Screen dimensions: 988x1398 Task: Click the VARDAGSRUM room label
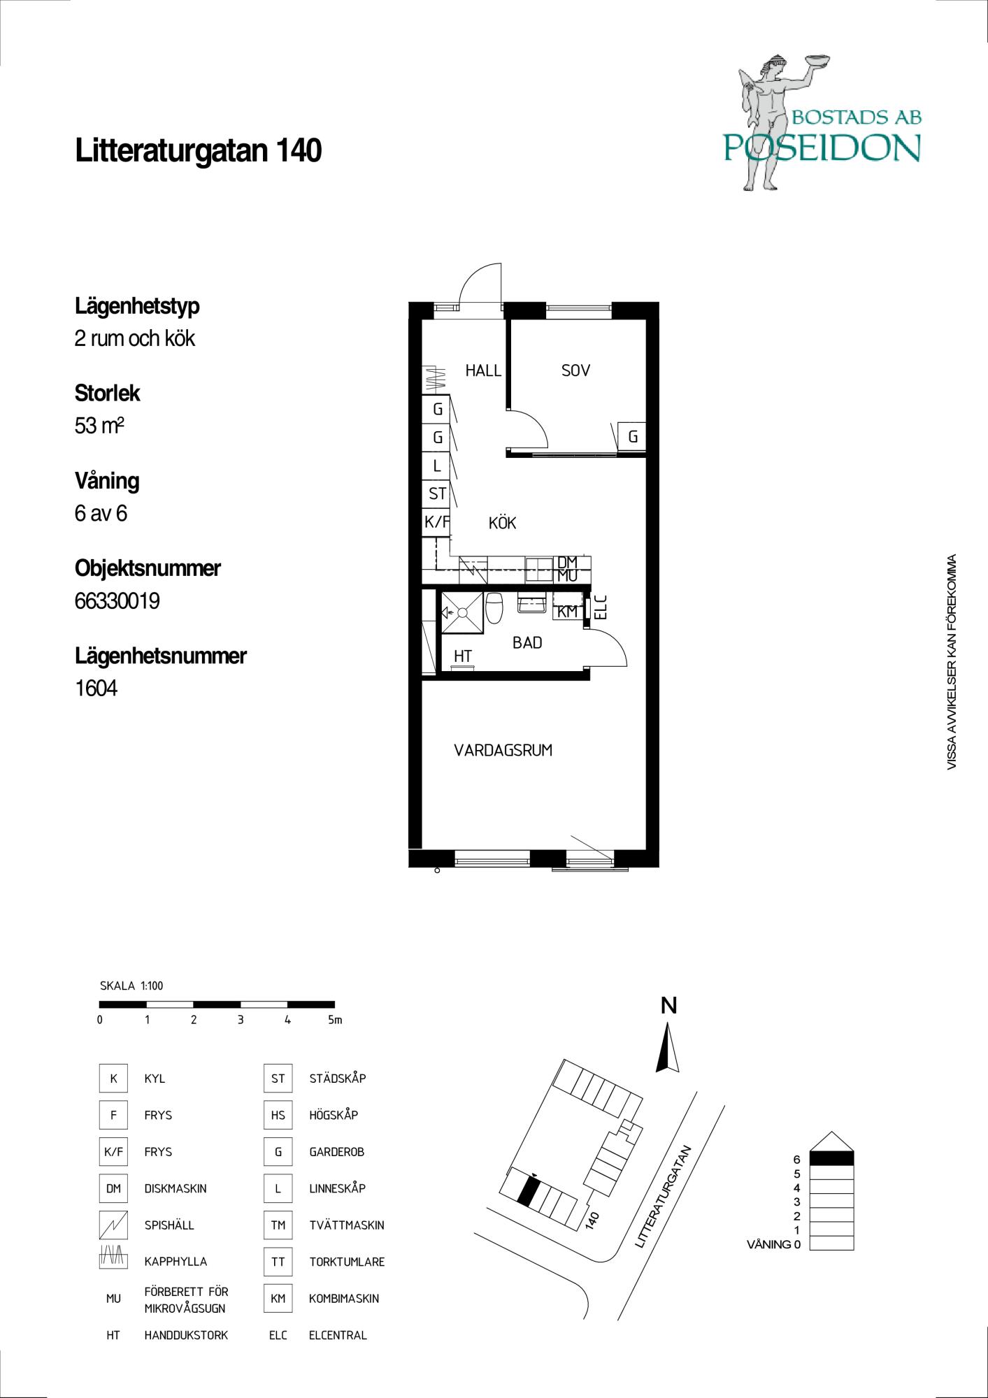[x=503, y=751]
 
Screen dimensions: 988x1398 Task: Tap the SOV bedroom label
[x=575, y=370]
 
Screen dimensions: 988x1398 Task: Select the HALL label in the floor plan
[x=483, y=370]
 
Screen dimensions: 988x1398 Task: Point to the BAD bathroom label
[x=527, y=642]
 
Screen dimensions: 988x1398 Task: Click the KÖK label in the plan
[x=502, y=522]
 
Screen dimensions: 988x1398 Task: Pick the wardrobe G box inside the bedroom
[x=632, y=437]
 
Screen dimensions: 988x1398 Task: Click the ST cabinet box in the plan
[x=437, y=493]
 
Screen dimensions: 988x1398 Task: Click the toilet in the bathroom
[x=494, y=607]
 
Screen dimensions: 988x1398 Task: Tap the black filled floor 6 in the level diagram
[x=831, y=1158]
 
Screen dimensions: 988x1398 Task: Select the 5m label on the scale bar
[x=335, y=1020]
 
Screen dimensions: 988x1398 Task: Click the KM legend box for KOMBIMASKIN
[x=278, y=1298]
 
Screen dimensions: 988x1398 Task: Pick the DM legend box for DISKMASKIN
[x=113, y=1188]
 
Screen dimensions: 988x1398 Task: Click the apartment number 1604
[x=96, y=689]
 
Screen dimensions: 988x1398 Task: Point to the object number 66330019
[x=117, y=600]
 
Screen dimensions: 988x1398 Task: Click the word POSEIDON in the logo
[x=822, y=147]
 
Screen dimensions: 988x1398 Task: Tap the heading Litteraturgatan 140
[x=198, y=150]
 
